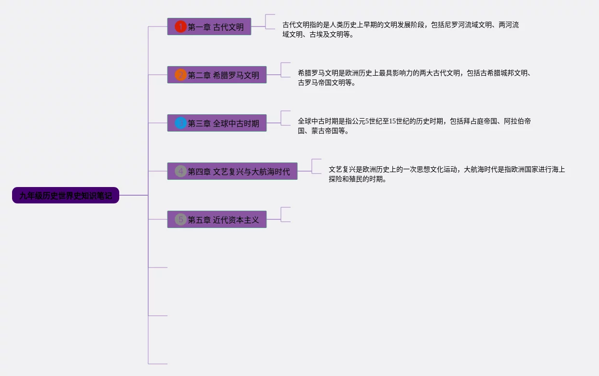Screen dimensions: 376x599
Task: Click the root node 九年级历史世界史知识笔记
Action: pyautogui.click(x=65, y=195)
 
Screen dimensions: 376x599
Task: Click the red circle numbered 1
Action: pyautogui.click(x=181, y=27)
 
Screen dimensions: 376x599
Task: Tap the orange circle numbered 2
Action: pyautogui.click(x=181, y=75)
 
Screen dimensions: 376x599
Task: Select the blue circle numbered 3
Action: pyautogui.click(x=181, y=123)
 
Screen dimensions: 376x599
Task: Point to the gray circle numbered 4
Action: pyautogui.click(x=181, y=171)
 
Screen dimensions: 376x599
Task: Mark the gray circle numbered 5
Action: pyautogui.click(x=181, y=219)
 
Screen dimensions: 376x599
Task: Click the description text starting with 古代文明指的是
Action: pyautogui.click(x=401, y=29)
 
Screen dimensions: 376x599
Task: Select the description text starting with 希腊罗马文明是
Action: pyautogui.click(x=414, y=78)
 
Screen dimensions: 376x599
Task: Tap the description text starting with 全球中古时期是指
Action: pyautogui.click(x=414, y=126)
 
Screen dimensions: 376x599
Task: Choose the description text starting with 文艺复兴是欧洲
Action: pyautogui.click(x=446, y=174)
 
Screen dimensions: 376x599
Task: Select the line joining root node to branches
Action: pyautogui.click(x=133, y=195)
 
